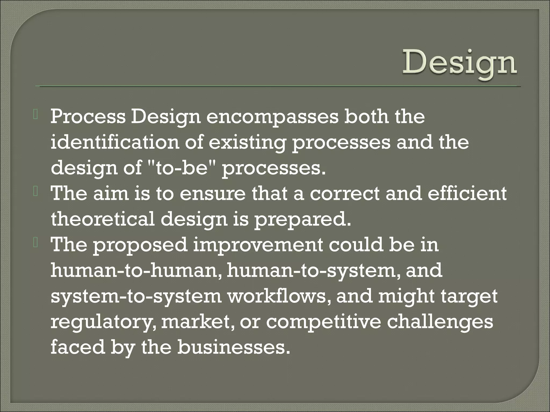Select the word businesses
tap(233, 347)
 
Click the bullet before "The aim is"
tap(36, 192)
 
